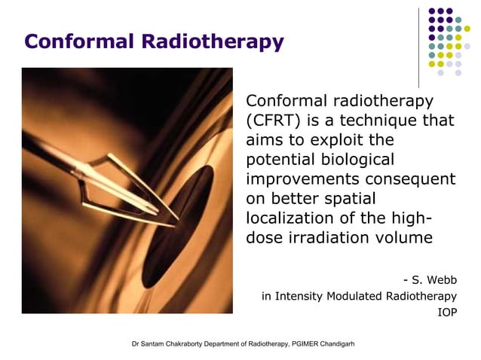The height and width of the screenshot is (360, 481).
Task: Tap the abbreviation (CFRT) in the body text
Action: pyautogui.click(x=272, y=121)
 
